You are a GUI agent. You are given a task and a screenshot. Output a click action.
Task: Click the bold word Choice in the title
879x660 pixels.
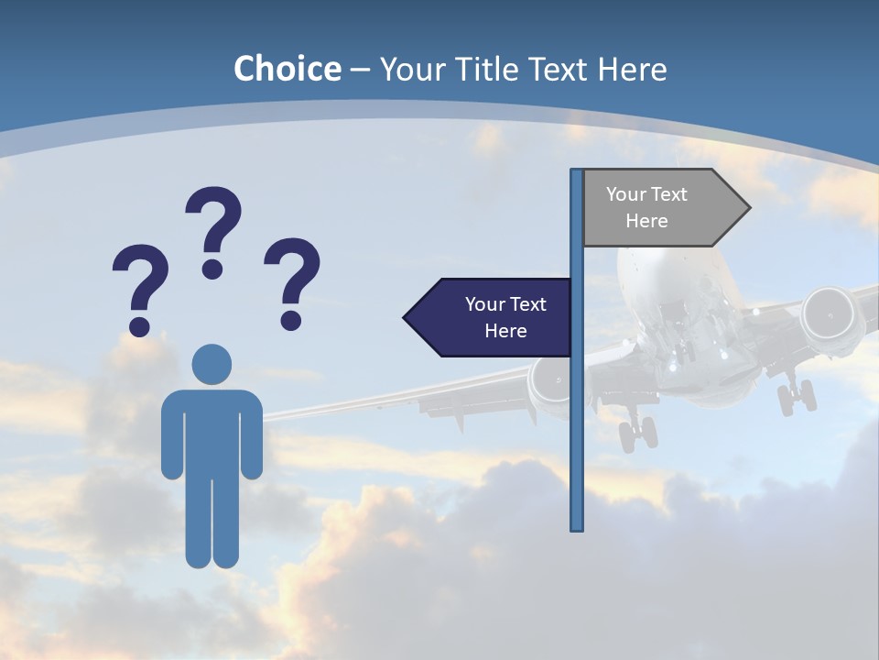(287, 69)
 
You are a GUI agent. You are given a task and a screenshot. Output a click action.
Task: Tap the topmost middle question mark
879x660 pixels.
(214, 229)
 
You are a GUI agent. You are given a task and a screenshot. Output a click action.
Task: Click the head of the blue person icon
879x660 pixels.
(212, 364)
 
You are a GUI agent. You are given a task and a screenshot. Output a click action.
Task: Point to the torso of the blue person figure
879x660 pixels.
(212, 431)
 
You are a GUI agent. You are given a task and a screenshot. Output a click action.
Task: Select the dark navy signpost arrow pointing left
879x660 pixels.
(490, 317)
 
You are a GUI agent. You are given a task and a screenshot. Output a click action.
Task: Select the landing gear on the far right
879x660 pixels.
(796, 396)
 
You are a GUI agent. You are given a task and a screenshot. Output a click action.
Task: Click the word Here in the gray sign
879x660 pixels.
(646, 221)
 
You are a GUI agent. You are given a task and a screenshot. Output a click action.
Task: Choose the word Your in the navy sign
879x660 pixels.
(486, 304)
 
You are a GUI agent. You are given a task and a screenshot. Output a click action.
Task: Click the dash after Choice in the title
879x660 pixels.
(360, 70)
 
